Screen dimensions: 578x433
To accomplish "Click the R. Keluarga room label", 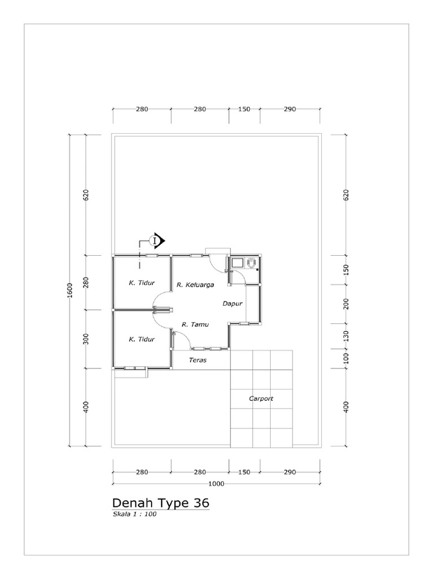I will tap(194, 285).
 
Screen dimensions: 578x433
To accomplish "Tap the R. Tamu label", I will tap(192, 324).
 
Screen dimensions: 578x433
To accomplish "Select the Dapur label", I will tap(232, 303).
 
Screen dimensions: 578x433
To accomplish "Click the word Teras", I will tap(197, 359).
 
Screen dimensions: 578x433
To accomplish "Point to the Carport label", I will tap(261, 399).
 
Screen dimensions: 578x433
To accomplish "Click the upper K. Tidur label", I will tap(142, 283).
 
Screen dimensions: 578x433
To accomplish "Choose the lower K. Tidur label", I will tap(142, 339).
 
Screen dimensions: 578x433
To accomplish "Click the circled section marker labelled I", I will tap(154, 241).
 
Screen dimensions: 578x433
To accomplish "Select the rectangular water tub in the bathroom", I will tap(237, 262).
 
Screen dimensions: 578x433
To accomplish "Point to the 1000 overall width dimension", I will tap(216, 483).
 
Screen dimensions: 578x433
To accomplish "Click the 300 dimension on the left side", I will tap(86, 339).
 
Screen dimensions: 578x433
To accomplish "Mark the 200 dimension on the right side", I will tap(347, 304).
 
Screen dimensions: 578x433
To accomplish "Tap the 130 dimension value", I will tap(347, 336).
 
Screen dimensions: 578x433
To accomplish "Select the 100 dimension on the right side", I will tap(347, 358).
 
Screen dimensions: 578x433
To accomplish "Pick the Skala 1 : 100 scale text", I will tap(134, 514).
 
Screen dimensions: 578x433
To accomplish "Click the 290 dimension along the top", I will tap(290, 110).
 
